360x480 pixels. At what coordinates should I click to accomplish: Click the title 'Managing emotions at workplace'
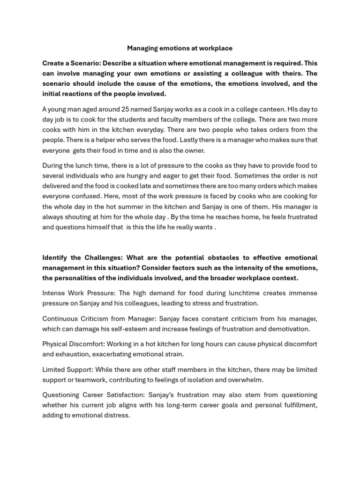(x=180, y=48)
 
